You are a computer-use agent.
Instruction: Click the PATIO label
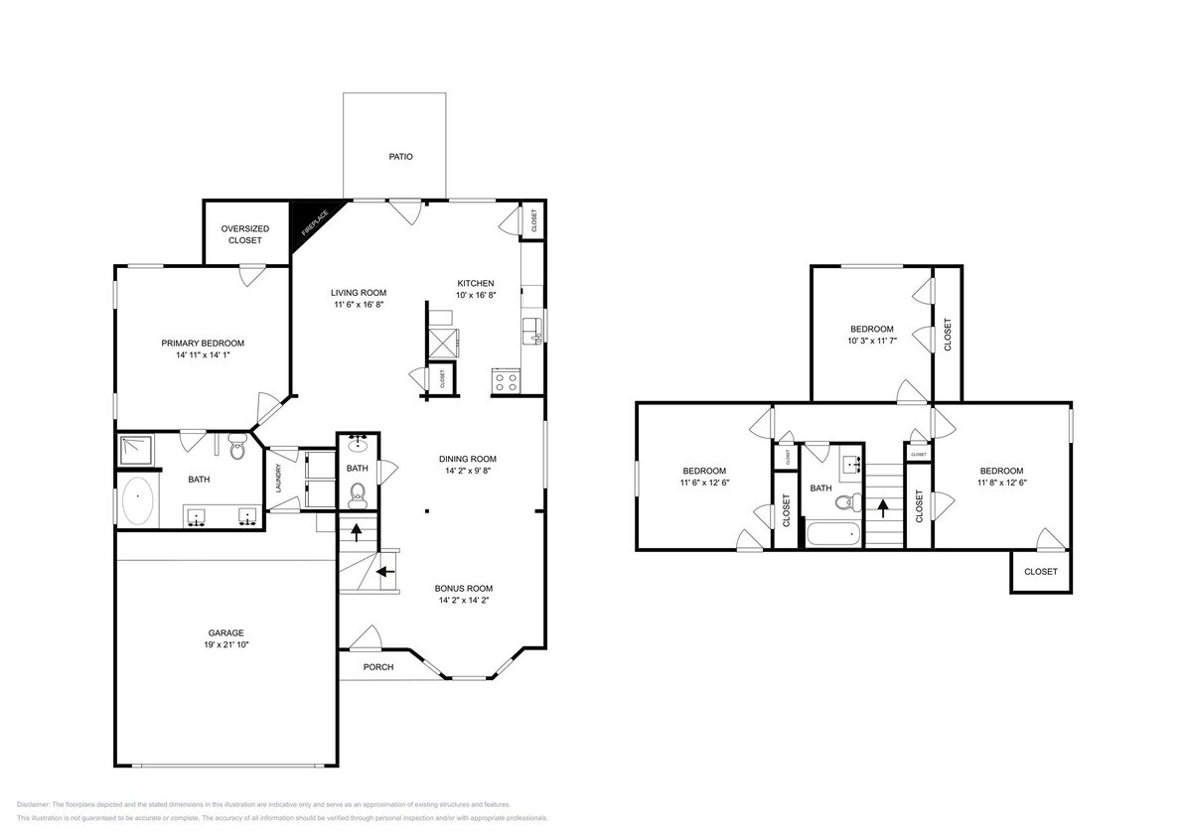[400, 157]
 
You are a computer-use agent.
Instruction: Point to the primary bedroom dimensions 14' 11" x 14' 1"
[203, 356]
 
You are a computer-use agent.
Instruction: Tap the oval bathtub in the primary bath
[138, 502]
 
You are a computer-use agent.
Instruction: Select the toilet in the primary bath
[237, 450]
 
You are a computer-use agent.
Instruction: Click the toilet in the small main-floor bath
[359, 491]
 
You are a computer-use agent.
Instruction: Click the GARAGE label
[225, 632]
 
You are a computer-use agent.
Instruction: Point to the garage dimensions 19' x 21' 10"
[225, 645]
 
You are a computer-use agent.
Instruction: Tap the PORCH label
[377, 667]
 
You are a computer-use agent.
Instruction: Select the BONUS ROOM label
[465, 588]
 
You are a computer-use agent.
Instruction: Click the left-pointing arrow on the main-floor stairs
[383, 573]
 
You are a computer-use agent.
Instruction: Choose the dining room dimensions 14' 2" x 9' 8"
[467, 472]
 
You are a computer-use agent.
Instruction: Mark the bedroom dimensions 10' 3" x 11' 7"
[871, 342]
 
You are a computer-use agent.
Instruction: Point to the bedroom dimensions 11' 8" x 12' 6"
[1001, 484]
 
